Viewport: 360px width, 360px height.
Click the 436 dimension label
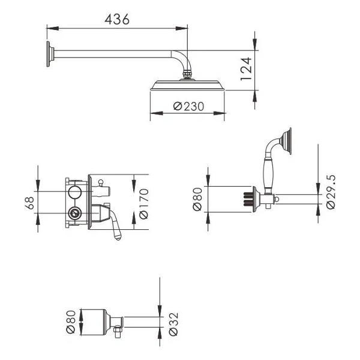tap(117, 19)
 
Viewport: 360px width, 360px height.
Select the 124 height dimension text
tap(246, 69)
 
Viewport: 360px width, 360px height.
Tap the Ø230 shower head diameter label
tap(188, 106)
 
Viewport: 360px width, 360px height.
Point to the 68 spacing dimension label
tap(29, 203)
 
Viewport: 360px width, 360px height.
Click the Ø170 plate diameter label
tap(144, 204)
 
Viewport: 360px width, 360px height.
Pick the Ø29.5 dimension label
tap(331, 192)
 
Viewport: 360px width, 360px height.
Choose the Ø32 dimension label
tap(173, 324)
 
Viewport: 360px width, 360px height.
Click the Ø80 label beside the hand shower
tap(197, 199)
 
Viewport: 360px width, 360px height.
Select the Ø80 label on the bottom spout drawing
tap(71, 322)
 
